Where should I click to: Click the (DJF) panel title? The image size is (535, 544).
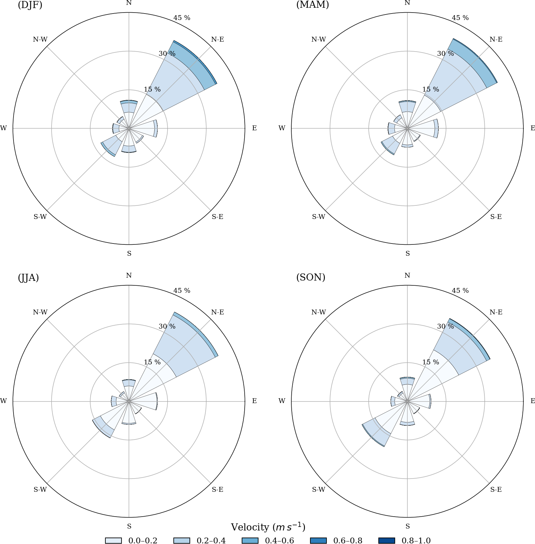tap(30, 5)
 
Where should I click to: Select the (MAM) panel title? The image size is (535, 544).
tap(312, 5)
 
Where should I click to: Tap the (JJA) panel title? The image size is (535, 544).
tap(28, 278)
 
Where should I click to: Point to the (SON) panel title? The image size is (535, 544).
tap(311, 278)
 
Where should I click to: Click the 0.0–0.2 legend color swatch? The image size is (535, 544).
tap(113, 540)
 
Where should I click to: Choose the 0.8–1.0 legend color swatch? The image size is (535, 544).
tap(386, 540)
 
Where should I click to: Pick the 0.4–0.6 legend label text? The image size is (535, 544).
tap(279, 540)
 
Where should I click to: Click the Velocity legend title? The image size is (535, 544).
tap(268, 527)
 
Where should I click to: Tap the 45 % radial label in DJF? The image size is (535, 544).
tap(182, 18)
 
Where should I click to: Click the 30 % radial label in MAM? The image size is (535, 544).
tap(445, 54)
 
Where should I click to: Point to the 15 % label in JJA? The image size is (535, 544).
tap(152, 362)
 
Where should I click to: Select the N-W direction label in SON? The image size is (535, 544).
tap(318, 312)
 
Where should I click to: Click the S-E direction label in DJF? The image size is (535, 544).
tap(218, 217)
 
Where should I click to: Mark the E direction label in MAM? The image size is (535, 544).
tap(533, 128)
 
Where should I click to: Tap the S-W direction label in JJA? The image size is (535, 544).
tap(40, 490)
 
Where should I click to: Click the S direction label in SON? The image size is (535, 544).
tap(408, 526)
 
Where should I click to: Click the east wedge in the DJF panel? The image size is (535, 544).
tap(145, 128)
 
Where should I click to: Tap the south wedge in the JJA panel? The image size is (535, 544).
tap(129, 416)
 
